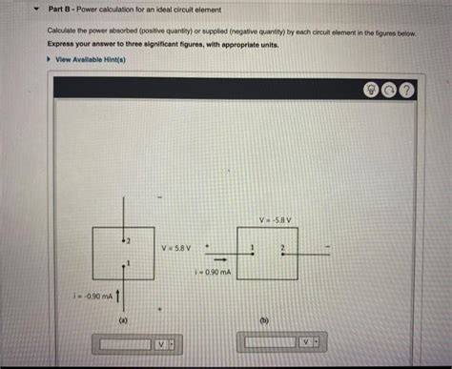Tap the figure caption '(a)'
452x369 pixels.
122,321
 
